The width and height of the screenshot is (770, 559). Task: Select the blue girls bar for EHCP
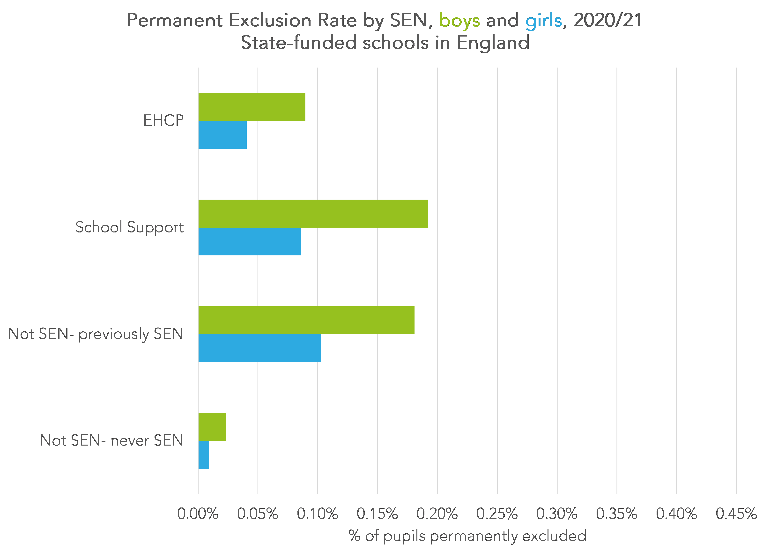coord(222,135)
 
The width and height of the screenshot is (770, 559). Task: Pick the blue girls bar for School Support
coord(250,241)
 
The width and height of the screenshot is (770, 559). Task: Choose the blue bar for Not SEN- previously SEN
coord(260,348)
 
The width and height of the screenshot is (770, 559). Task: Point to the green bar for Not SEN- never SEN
coord(212,427)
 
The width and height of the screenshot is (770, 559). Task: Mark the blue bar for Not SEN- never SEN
coord(203,455)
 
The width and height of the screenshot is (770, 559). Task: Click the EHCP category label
coord(163,121)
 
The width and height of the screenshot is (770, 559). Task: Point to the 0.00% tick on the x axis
coord(198,514)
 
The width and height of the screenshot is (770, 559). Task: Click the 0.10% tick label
coord(318,514)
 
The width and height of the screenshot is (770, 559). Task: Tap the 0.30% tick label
coord(557,514)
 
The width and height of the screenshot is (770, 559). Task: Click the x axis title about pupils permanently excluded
coord(467,536)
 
